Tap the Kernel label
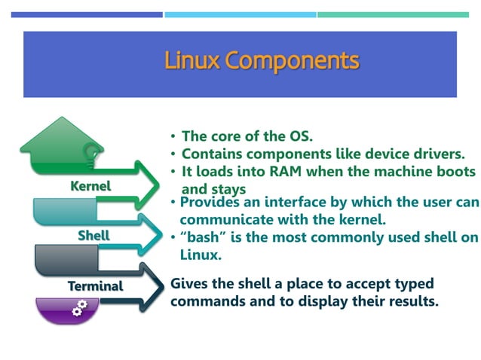coord(90,185)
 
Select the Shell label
coord(93,236)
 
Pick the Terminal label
coord(95,286)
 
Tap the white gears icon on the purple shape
coord(79,308)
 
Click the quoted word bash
coord(198,238)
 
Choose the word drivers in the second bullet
coord(439,154)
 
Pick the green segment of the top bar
coord(393,14)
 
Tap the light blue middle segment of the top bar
coord(240,14)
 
